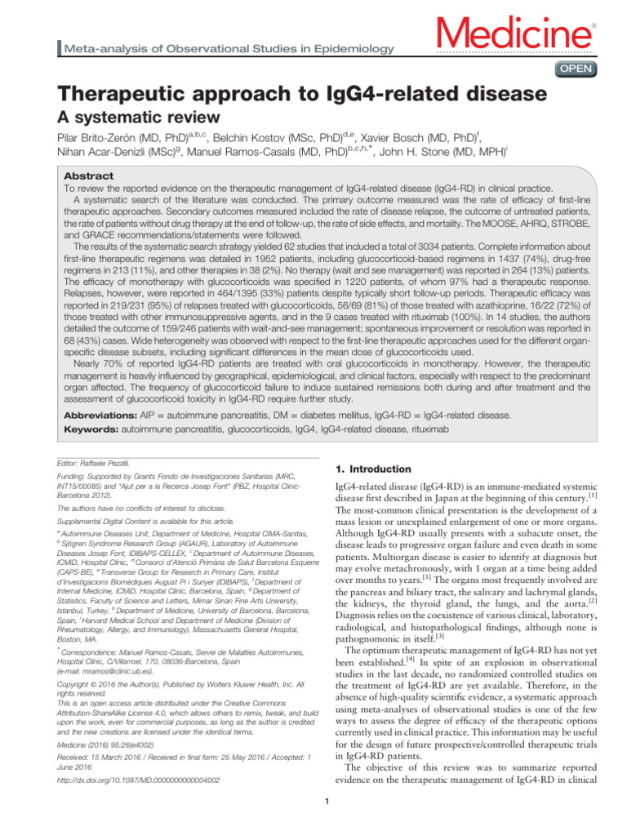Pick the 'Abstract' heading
(88, 176)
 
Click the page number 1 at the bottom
(326, 822)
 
